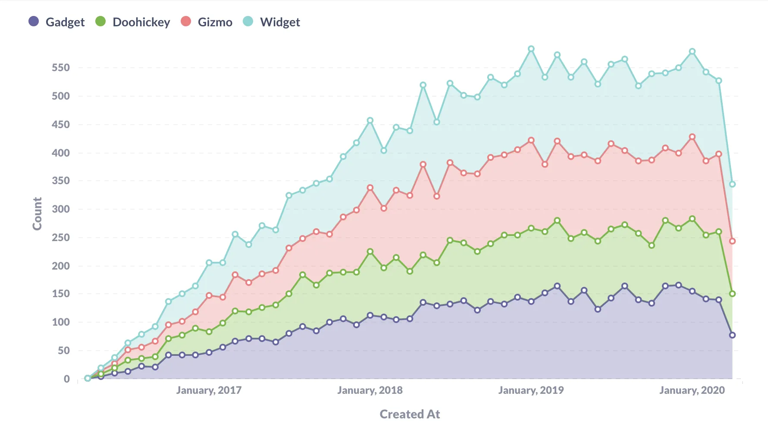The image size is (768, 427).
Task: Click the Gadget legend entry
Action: click(x=56, y=22)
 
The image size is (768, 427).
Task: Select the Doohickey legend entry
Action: click(x=133, y=22)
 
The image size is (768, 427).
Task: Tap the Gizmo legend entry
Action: click(x=207, y=22)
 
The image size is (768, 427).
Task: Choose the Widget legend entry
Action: click(x=271, y=22)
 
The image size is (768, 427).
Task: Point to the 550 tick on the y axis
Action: click(x=61, y=68)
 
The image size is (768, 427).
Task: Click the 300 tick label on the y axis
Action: click(x=61, y=209)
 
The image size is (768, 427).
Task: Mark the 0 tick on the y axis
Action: click(x=67, y=379)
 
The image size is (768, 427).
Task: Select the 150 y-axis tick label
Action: click(x=61, y=294)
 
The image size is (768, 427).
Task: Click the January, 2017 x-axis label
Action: click(x=209, y=390)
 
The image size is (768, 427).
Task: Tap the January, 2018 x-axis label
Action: click(x=370, y=390)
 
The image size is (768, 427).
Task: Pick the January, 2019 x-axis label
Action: click(x=531, y=390)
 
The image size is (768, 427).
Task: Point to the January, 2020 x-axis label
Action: click(x=692, y=390)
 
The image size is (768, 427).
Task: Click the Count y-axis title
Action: click(x=38, y=213)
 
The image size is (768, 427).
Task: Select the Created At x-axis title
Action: click(x=410, y=414)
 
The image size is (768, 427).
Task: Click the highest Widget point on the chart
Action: click(x=531, y=49)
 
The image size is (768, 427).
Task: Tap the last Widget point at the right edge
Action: click(x=732, y=184)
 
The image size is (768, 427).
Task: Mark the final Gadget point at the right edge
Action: click(x=732, y=335)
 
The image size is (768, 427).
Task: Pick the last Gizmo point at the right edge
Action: click(x=732, y=241)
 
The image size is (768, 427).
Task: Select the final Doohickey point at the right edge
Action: click(x=732, y=294)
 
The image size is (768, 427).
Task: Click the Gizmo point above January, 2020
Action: click(x=692, y=137)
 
